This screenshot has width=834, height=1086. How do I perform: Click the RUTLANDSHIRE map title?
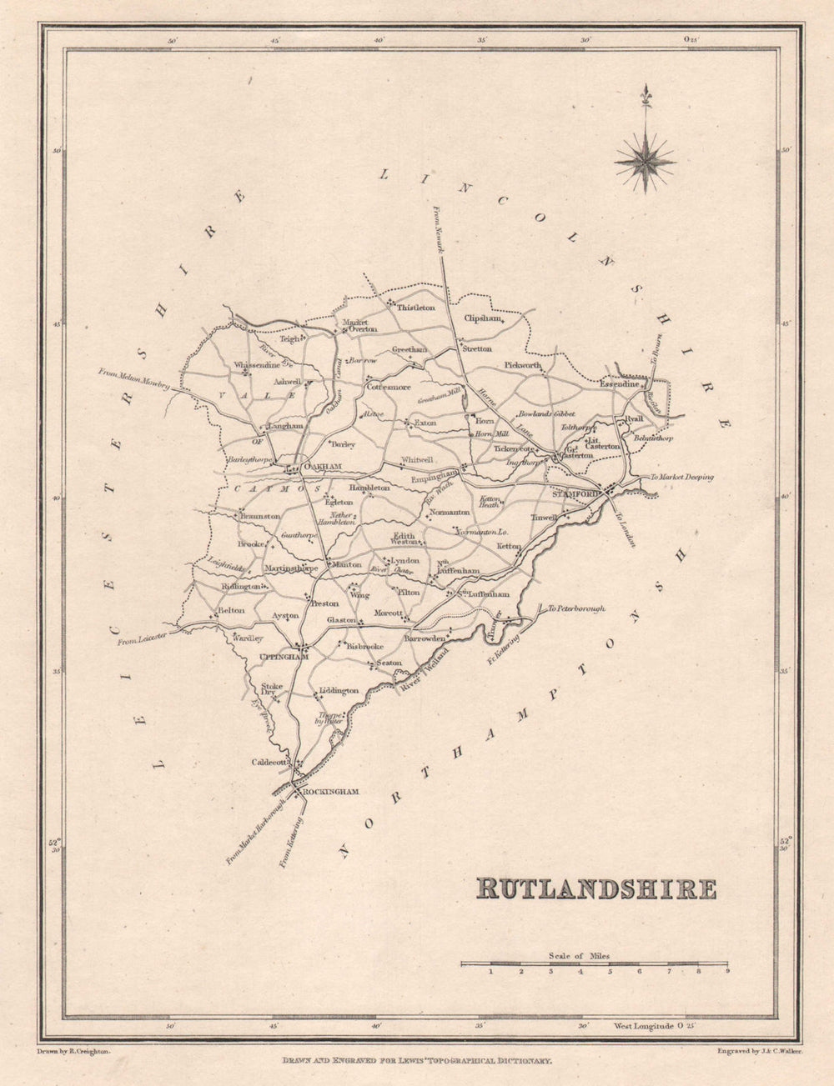pos(595,888)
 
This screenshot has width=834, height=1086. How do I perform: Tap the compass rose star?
pos(645,158)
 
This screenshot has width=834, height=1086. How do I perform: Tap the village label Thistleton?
pos(415,308)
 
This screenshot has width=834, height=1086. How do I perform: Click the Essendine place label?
pos(620,384)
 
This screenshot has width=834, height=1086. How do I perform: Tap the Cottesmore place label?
pos(389,387)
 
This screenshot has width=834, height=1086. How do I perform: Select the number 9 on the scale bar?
pos(727,971)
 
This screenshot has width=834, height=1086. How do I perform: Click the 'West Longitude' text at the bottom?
pos(643,1026)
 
